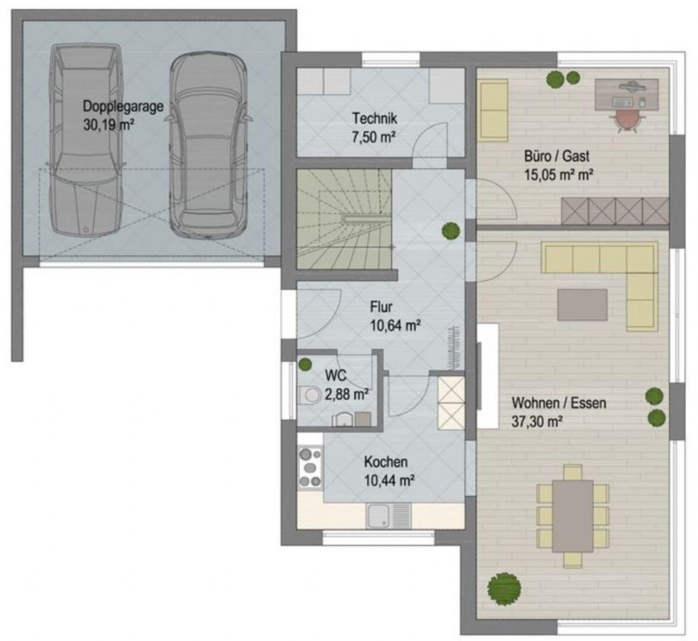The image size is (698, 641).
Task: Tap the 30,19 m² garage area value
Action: click(109, 125)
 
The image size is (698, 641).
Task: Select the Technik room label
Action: click(375, 119)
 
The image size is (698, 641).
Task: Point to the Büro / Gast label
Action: click(557, 157)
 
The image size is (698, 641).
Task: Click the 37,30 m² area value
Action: click(537, 422)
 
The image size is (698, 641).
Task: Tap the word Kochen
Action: click(386, 462)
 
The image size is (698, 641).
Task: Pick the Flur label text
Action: click(381, 307)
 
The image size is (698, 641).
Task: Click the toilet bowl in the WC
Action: click(309, 395)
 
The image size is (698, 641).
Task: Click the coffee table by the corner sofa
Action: click(583, 304)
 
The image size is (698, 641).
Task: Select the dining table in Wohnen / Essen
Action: click(573, 516)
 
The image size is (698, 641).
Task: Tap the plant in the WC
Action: click(305, 364)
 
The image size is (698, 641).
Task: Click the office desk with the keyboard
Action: click(627, 94)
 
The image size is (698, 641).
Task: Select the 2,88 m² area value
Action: click(346, 395)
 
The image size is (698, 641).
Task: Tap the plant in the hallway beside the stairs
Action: click(451, 231)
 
